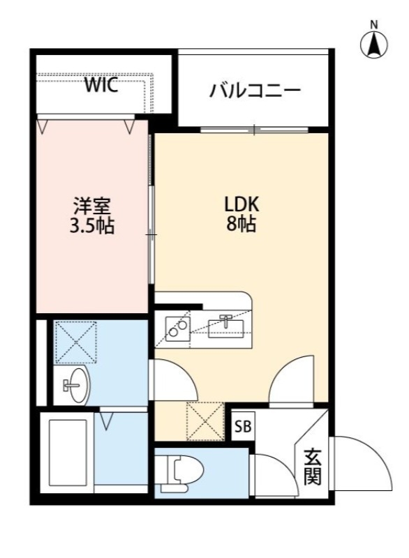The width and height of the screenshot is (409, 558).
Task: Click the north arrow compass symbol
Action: [374, 45]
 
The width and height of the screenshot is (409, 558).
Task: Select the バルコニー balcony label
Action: [254, 91]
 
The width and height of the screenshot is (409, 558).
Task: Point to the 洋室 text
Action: [93, 207]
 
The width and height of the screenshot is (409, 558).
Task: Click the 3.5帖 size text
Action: [93, 226]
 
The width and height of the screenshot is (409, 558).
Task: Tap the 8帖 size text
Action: [241, 225]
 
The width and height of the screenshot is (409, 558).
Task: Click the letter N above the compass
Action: [374, 24]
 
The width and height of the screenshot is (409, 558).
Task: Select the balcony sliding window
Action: [255, 130]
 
